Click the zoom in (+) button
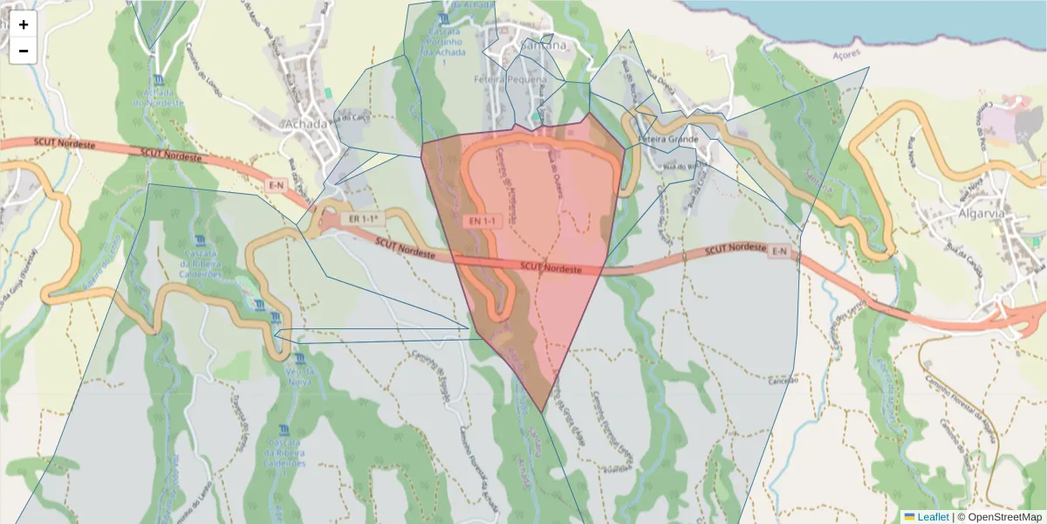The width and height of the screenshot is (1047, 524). click(x=24, y=24)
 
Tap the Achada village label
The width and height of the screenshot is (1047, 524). click(x=305, y=124)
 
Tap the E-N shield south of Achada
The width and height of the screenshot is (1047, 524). click(x=277, y=185)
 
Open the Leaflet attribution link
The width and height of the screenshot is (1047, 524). click(x=932, y=517)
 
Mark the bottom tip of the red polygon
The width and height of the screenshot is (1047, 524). click(x=543, y=412)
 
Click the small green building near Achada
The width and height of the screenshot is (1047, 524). click(x=328, y=92)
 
